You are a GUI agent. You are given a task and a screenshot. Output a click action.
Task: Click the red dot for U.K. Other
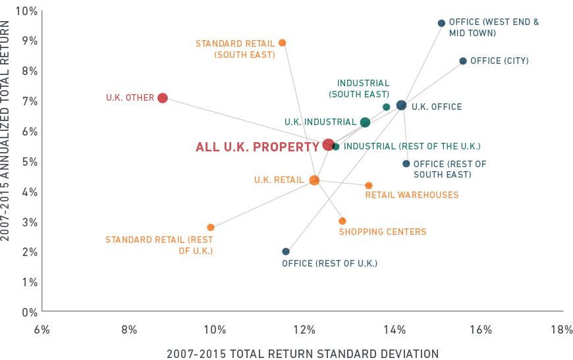163,98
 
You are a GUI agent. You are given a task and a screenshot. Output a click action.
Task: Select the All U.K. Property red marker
329,145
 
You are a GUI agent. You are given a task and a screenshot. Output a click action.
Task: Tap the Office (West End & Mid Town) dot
441,23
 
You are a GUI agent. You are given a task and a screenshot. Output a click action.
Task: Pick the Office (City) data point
463,61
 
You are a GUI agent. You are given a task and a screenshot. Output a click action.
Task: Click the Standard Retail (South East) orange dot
283,43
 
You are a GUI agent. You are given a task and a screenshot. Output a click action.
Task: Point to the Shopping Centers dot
342,221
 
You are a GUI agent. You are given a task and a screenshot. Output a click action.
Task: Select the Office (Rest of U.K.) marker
286,251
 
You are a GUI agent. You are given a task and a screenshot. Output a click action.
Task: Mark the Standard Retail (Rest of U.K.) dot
211,228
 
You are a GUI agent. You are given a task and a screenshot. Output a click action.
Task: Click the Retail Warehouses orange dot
369,186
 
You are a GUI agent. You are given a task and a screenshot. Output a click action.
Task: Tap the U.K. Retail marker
314,180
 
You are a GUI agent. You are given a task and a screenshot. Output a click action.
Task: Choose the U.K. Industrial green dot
365,122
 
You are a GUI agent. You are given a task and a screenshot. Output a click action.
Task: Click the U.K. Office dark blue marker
402,105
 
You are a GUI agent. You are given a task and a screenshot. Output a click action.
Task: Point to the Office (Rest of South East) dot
406,164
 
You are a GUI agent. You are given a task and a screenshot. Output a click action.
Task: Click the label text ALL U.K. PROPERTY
257,147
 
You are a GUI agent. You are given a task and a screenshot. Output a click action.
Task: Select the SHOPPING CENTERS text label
383,232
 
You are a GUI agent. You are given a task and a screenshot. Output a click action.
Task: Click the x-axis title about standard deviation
302,353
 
